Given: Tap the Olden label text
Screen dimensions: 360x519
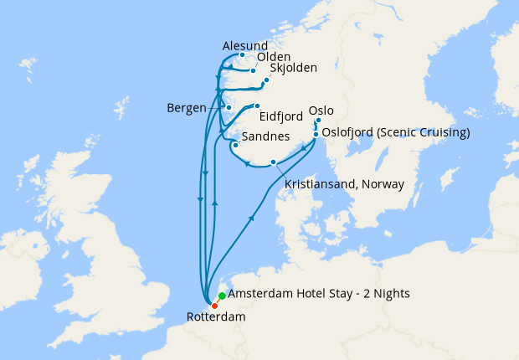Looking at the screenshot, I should pos(273,58).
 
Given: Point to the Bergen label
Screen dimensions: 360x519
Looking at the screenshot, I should pos(187,109).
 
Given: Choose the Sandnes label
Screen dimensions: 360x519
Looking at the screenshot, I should pos(265,136).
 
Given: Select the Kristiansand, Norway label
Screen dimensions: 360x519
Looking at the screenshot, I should pos(344,184).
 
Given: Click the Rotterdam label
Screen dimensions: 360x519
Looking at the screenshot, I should pos(216,317).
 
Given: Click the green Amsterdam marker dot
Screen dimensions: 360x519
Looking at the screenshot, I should pos(222,296).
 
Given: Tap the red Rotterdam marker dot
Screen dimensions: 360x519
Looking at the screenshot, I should pos(214,306).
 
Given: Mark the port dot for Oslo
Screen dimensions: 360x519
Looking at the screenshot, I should pos(318,121).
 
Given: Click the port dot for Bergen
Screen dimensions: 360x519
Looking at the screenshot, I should pos(229,108).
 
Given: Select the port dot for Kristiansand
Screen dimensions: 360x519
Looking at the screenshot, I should pos(273,162).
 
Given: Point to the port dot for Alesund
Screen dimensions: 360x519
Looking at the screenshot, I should pos(242,56).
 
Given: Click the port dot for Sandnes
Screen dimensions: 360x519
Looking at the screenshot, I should pos(235,145).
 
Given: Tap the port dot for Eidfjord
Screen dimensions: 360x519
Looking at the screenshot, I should pos(258,105).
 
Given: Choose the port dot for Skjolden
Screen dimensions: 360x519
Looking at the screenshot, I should pos(266,80).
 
